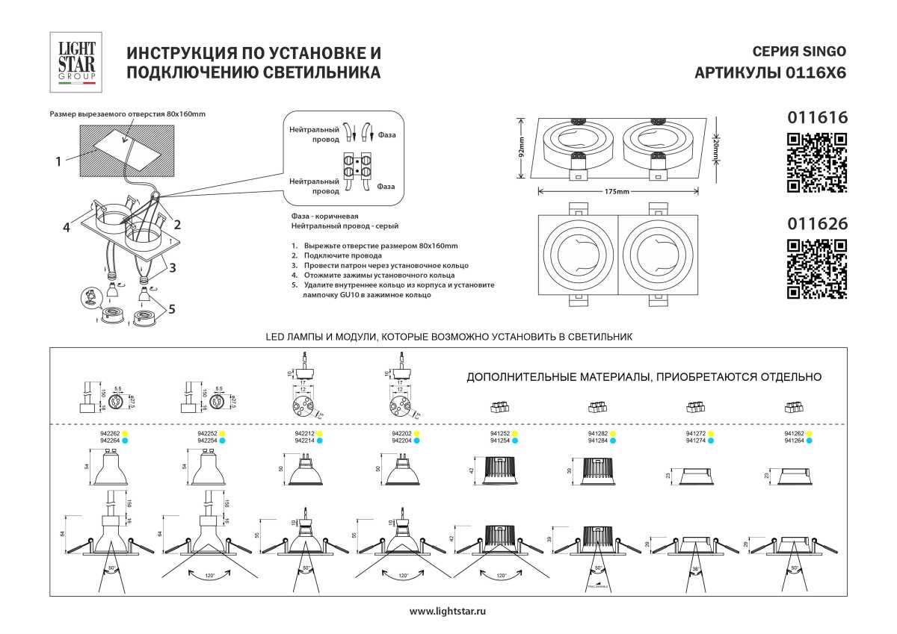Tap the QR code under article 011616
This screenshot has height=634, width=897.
[818, 162]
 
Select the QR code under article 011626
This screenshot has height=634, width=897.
[818, 269]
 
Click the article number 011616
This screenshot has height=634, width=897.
[818, 117]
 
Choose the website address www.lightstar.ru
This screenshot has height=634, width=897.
[449, 611]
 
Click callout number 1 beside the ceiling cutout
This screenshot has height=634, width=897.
[57, 160]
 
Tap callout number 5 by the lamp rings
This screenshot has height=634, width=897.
[173, 308]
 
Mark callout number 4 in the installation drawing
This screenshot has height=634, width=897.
[67, 228]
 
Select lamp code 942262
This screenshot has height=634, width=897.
[110, 433]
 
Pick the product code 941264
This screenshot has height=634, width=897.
[794, 441]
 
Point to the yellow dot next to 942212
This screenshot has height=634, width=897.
[320, 433]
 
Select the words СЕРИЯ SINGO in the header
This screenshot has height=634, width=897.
[798, 52]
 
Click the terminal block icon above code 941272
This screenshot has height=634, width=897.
[696, 407]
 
